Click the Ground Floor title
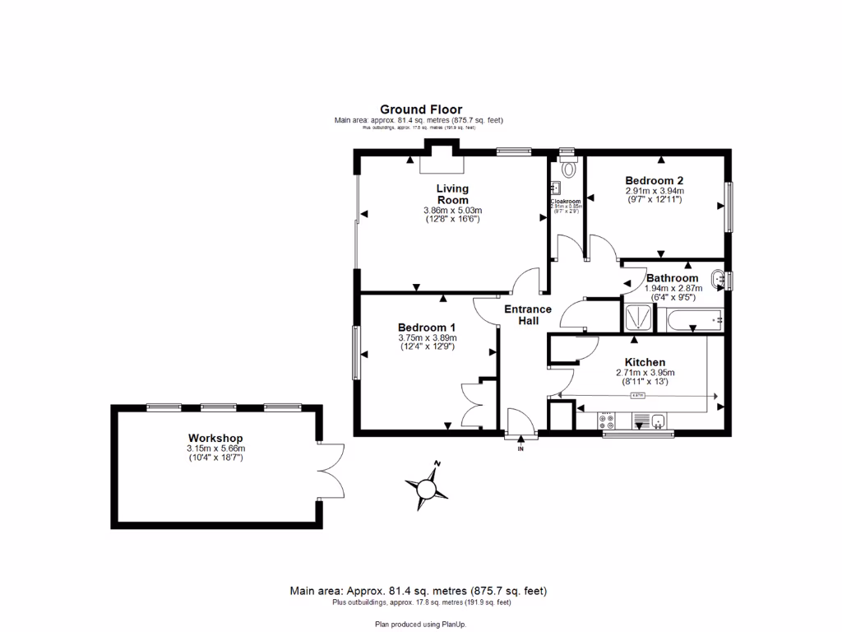pyautogui.click(x=420, y=109)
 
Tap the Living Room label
pyautogui.click(x=452, y=194)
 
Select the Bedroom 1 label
pyautogui.click(x=427, y=327)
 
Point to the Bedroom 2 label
pyautogui.click(x=654, y=180)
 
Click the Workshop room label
pyautogui.click(x=215, y=438)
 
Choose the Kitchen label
pyautogui.click(x=645, y=362)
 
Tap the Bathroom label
pyautogui.click(x=672, y=278)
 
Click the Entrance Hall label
pyautogui.click(x=528, y=314)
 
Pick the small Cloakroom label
pyautogui.click(x=566, y=202)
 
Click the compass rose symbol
pyautogui.click(x=427, y=489)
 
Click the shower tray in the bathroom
pyautogui.click(x=638, y=316)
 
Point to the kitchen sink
pyautogui.click(x=659, y=422)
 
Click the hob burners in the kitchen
pyautogui.click(x=609, y=422)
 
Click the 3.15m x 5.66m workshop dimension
pyautogui.click(x=215, y=448)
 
